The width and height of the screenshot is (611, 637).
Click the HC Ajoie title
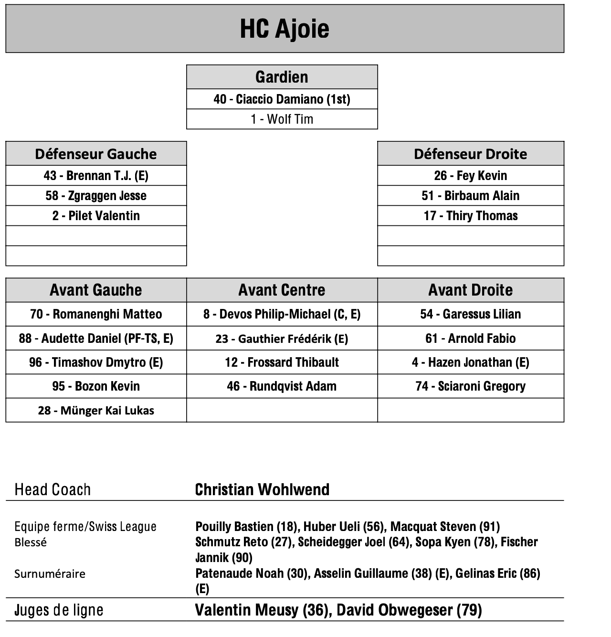point(284,29)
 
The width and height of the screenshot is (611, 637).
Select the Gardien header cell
point(282,77)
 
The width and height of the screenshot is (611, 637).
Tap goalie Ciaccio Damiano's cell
point(282,99)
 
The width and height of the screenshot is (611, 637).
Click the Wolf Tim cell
point(282,119)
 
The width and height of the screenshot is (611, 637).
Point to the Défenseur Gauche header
point(96,154)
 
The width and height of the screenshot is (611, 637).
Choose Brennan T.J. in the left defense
point(96,176)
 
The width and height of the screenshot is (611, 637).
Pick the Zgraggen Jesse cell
point(96,196)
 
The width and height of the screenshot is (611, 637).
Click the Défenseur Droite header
point(470,154)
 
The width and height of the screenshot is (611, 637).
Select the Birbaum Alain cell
point(470,196)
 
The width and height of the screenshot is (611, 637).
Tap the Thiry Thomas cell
point(470,216)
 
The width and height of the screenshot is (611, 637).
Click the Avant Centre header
point(282,290)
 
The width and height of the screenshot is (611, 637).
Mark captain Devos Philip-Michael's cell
point(282,314)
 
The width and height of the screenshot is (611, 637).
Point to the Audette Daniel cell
point(96,339)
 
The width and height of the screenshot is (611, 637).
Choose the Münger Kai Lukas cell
point(96,411)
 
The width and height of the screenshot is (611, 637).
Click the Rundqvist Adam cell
point(282,386)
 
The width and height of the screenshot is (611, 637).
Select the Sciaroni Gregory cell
point(470,386)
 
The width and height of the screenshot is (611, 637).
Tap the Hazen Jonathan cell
point(470,362)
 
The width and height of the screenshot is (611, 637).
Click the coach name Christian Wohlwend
point(262,489)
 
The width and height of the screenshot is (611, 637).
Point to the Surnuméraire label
point(50,573)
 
